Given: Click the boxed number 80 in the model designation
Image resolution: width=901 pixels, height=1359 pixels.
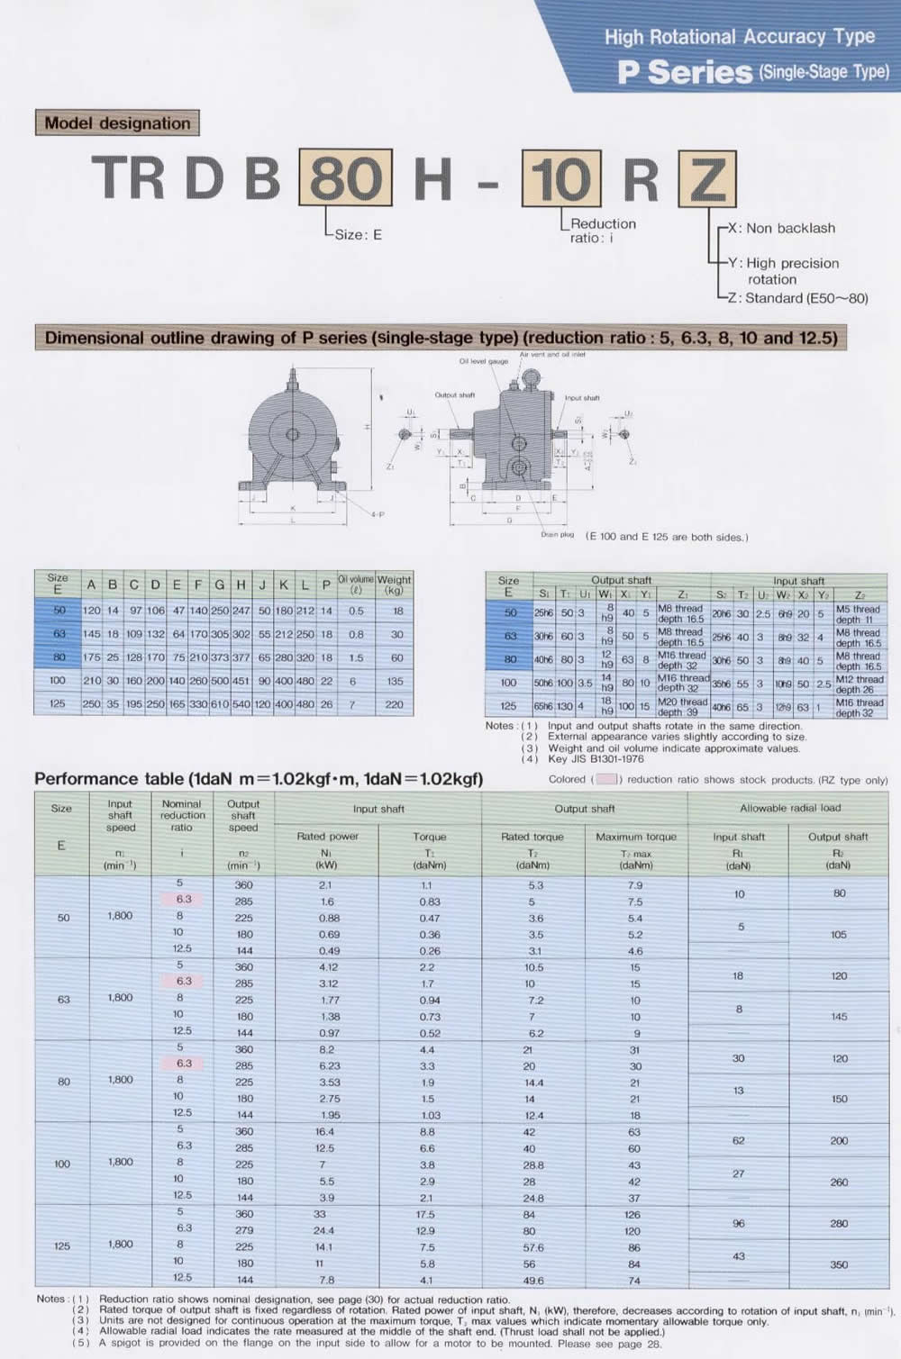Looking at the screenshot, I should pos(345,177).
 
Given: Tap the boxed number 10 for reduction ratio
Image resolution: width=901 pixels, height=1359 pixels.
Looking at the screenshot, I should pos(561,178).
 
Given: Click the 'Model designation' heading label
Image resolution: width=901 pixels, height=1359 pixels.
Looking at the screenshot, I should pos(117,123).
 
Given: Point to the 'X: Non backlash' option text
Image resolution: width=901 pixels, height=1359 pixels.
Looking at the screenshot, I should pos(787,228).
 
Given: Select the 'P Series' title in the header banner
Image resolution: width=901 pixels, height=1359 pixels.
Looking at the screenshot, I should pos(685,72).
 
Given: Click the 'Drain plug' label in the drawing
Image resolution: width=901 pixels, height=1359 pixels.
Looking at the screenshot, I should pos(557,534).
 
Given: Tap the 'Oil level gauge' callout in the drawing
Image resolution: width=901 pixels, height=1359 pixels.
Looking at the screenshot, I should pos(484,361).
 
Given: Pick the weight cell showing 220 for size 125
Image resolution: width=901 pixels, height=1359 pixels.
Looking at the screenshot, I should pos(394,704).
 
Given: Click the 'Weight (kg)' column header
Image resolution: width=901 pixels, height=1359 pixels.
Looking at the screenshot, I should pos(394,584).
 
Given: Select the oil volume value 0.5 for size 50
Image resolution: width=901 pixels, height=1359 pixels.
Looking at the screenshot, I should pos(356,611).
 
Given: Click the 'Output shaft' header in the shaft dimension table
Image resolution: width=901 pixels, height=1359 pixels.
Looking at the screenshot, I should pos(621,580).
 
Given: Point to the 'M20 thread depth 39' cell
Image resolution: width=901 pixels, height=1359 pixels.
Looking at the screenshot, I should pos(682,707).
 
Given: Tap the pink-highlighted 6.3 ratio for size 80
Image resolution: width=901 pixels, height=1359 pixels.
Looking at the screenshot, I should pos(184,1063).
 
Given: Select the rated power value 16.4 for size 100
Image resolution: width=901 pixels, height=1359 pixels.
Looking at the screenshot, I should pos(324,1132).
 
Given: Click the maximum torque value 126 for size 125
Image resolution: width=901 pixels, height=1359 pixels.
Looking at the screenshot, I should pos(634,1214).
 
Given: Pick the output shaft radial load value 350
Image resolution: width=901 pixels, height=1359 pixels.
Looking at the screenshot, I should pos(839,1264).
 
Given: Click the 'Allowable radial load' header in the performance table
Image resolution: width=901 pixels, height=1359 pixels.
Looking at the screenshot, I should pos(789,809).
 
